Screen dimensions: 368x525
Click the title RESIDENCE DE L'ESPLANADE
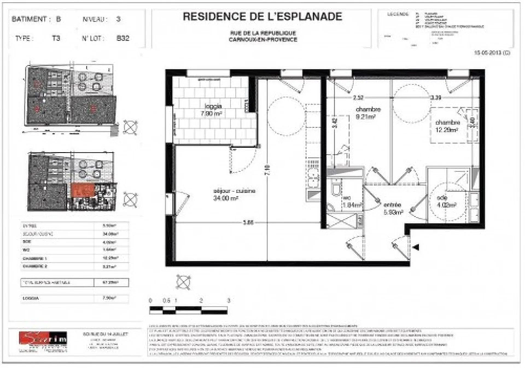[262, 17]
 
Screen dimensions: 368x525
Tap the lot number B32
[123, 38]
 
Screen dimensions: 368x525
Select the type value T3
[56, 38]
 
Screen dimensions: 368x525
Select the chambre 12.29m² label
[447, 126]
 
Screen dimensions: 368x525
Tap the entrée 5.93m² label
[393, 208]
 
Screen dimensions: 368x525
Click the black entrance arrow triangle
[416, 247]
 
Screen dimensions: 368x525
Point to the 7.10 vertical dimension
[267, 170]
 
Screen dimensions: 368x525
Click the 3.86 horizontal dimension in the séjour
[248, 222]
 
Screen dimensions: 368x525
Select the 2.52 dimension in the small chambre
[358, 98]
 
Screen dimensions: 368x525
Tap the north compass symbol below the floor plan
[183, 282]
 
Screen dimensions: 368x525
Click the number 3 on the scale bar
[229, 301]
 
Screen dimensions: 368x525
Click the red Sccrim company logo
[43, 338]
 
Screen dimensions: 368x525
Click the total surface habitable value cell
[111, 282]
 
